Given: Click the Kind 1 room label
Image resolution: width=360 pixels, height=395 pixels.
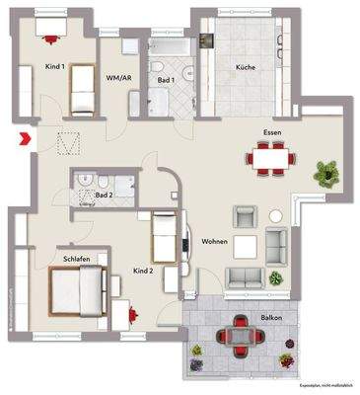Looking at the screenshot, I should click(55, 67).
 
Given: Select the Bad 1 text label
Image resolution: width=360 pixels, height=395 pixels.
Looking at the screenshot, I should click(166, 80).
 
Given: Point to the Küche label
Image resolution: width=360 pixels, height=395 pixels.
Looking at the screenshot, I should click(245, 67).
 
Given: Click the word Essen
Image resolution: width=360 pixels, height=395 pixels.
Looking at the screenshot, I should click(272, 131).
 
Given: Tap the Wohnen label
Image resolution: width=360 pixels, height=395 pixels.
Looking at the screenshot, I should click(214, 240).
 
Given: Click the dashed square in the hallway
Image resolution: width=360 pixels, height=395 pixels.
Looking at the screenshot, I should click(68, 144).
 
